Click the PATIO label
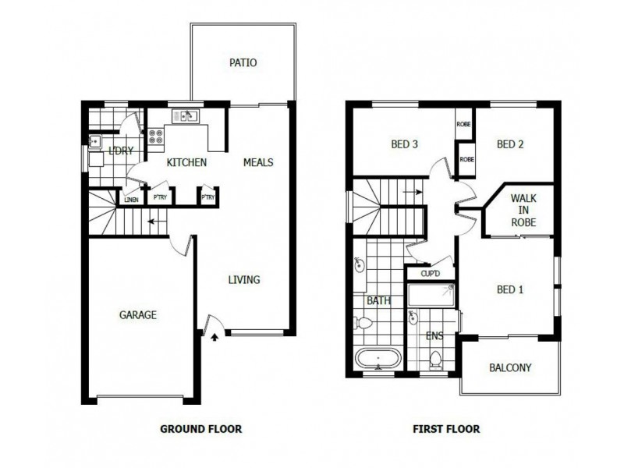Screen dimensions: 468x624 (243, 63)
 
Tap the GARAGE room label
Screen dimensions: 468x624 (138, 315)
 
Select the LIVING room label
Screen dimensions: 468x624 (243, 280)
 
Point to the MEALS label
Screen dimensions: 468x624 (258, 163)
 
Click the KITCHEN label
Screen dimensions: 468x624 (186, 163)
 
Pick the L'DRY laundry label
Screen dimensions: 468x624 (121, 151)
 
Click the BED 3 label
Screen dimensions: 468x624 (405, 144)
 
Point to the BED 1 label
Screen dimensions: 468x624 (509, 290)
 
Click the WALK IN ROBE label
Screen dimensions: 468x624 (523, 210)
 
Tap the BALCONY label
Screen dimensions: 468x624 (510, 368)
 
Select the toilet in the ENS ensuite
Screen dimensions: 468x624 (436, 358)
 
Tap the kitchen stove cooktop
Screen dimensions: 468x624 (157, 137)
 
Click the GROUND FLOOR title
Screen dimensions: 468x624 (200, 428)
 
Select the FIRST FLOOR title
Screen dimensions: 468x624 (447, 428)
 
